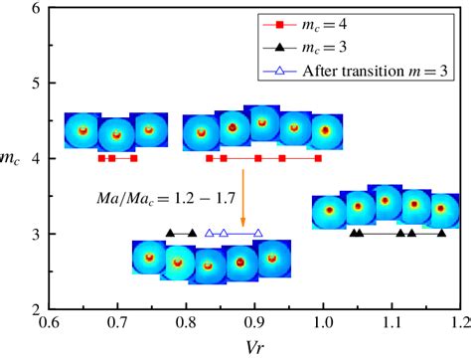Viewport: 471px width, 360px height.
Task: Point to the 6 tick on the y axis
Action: click(37, 8)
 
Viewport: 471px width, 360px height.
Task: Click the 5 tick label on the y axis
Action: click(37, 84)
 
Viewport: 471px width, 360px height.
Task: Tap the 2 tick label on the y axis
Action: click(37, 309)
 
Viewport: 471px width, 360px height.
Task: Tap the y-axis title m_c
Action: click(12, 159)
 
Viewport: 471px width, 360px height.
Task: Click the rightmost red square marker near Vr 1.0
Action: click(318, 158)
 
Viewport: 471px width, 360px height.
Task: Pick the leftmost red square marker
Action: click(101, 158)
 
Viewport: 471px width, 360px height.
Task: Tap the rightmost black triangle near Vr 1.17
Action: click(441, 233)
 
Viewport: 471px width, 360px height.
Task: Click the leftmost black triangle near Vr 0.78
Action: click(170, 233)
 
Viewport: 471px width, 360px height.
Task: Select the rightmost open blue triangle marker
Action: click(259, 233)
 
